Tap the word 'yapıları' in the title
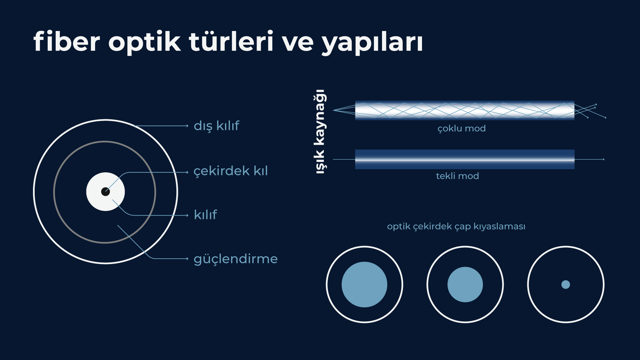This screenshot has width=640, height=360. (x=372, y=43)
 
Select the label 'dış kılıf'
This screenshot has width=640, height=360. (x=216, y=126)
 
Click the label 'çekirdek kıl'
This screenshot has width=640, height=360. (x=230, y=171)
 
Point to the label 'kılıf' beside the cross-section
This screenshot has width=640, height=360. (x=205, y=215)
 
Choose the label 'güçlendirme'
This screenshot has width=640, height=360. (x=235, y=259)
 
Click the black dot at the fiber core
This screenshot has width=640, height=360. (x=105, y=192)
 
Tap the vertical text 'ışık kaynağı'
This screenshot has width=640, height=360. (x=320, y=131)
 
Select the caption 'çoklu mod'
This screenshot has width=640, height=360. (x=461, y=128)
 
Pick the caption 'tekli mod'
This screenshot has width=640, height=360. (x=457, y=176)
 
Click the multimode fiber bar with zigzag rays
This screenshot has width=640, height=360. (x=465, y=110)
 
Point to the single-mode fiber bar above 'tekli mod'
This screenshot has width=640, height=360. (x=465, y=159)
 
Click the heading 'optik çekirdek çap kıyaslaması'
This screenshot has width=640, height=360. (x=456, y=226)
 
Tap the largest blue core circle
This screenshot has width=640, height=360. (x=364, y=284)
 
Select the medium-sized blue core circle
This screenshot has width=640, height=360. (x=465, y=284)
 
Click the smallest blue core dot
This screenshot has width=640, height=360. (x=566, y=284)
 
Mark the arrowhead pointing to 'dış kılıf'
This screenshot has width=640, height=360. (x=188, y=126)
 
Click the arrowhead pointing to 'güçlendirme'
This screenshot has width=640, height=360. (x=188, y=259)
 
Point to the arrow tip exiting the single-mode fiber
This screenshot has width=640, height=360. (x=604, y=159)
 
